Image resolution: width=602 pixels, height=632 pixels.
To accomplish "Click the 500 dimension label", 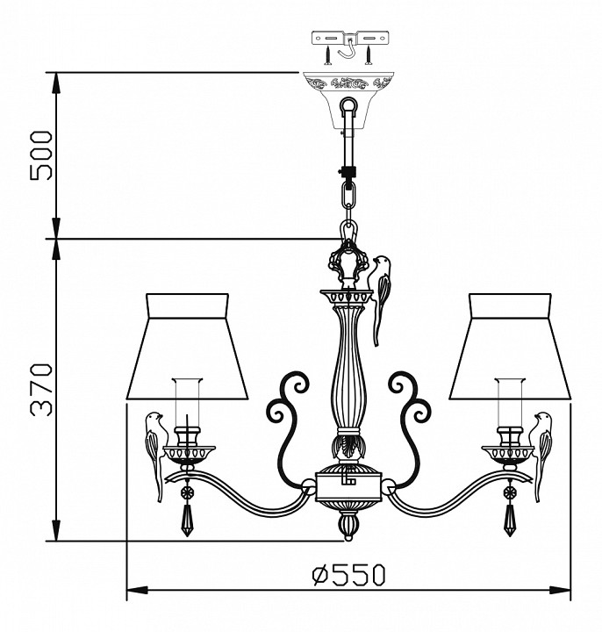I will pyautogui.click(x=41, y=155).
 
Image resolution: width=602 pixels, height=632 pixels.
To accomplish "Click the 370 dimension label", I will pyautogui.click(x=41, y=391).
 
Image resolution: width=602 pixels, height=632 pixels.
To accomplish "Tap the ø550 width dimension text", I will pyautogui.click(x=348, y=575).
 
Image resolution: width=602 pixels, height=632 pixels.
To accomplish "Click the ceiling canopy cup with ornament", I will pyautogui.click(x=348, y=95).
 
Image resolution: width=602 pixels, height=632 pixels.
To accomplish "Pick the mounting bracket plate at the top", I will pyautogui.click(x=348, y=39).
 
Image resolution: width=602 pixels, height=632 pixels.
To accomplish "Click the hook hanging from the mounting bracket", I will pyautogui.click(x=348, y=55).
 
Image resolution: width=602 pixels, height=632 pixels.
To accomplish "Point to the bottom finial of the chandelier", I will pyautogui.click(x=348, y=526).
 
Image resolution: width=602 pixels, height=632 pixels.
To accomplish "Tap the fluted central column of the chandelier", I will pyautogui.click(x=348, y=369).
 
